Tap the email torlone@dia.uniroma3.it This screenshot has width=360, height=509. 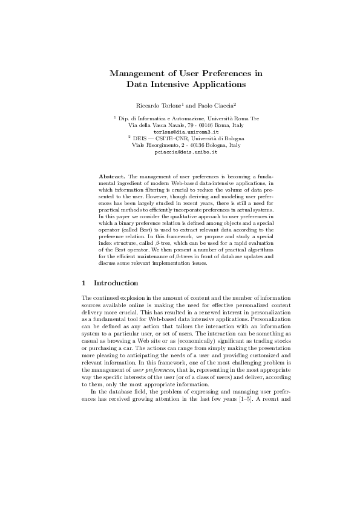click(x=180, y=131)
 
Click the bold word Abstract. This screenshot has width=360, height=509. click(x=112, y=176)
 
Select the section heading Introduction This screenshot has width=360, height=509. click(x=116, y=283)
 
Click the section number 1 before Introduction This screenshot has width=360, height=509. click(x=83, y=283)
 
